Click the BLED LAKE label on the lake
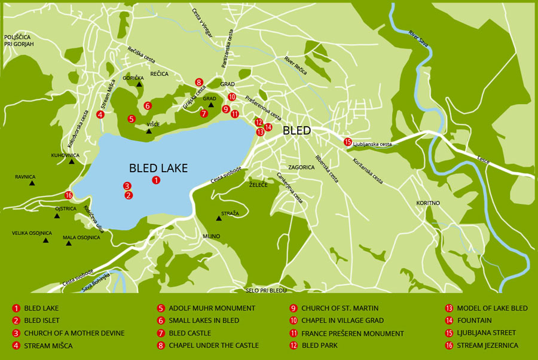coord(158,168)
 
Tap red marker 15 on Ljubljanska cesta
coord(348,142)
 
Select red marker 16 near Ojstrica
coord(69,195)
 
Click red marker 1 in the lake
coord(156,179)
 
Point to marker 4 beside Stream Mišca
coord(100,114)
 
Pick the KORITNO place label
coord(428,203)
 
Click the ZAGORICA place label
coord(301,167)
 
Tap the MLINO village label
coord(212,236)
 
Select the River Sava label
coord(419,38)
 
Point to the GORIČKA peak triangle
coord(139,84)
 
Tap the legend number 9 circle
coord(293,309)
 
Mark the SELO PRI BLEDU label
coord(267,290)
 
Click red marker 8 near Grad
coord(199,82)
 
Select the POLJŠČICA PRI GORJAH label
coord(19,41)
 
